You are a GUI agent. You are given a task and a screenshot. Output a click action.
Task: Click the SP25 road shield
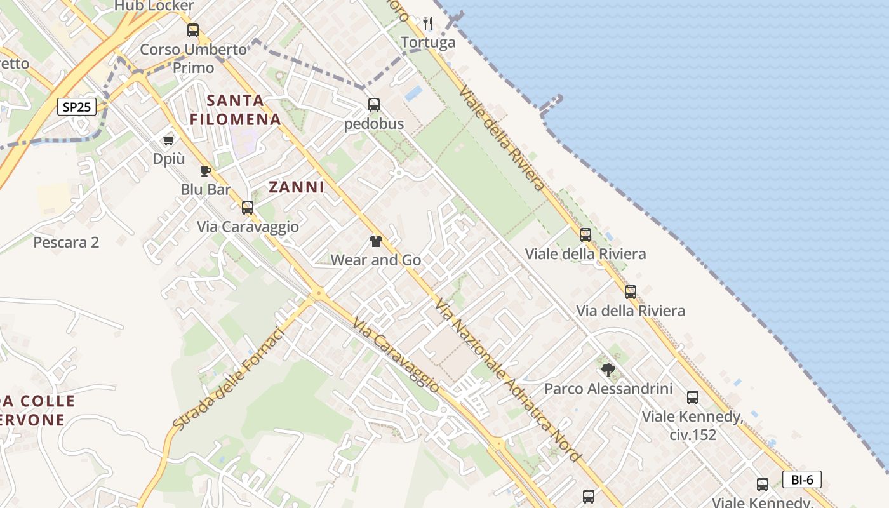click(77, 107)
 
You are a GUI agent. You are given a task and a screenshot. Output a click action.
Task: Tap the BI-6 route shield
click(802, 479)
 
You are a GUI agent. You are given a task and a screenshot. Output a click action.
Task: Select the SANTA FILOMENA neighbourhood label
click(236, 110)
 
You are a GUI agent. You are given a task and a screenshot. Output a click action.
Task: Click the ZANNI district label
click(297, 187)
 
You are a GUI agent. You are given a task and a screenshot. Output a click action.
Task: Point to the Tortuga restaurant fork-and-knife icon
click(428, 24)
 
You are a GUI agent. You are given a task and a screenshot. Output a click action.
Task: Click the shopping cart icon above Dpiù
click(169, 140)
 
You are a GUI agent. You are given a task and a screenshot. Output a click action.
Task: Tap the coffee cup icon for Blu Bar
click(205, 171)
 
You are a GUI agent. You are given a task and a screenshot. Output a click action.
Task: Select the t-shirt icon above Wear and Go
click(375, 241)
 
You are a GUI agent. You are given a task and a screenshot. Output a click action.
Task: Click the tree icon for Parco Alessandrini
click(608, 370)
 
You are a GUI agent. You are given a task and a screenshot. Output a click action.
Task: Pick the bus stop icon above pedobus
click(374, 105)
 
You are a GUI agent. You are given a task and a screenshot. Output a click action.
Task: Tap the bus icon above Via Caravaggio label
click(248, 207)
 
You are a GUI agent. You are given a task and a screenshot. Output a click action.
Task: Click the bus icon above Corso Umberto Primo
click(193, 30)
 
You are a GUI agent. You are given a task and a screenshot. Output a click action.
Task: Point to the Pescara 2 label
click(66, 243)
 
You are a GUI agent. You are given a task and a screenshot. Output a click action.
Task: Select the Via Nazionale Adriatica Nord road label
click(508, 380)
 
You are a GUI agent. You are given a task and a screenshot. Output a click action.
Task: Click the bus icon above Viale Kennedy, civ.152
click(693, 398)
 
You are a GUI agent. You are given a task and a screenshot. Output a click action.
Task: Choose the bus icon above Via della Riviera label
click(631, 292)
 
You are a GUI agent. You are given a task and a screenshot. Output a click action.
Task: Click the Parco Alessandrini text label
click(608, 389)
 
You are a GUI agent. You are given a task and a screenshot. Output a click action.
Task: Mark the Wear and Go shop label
click(376, 260)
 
